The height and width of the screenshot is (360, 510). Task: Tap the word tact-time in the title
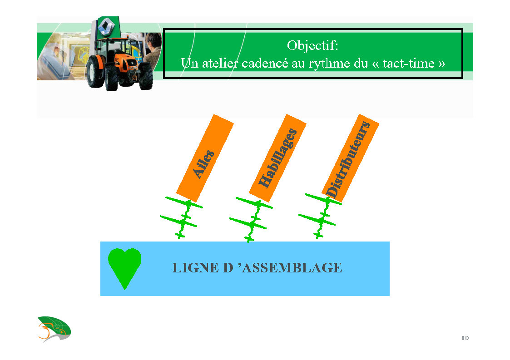click(x=409, y=63)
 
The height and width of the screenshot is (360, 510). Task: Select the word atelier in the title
click(x=220, y=63)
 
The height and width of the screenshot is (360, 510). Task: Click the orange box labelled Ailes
click(x=205, y=158)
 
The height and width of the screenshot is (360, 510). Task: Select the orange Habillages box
click(x=277, y=158)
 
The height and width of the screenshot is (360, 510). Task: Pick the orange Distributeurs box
click(x=350, y=158)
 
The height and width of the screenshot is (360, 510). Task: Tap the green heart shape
click(x=124, y=266)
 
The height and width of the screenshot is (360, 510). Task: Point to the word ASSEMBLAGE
click(x=292, y=268)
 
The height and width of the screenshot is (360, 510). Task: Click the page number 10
click(x=465, y=338)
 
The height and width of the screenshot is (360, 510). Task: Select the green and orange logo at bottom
click(x=54, y=329)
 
